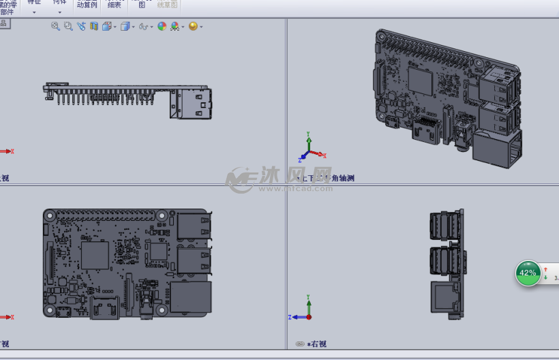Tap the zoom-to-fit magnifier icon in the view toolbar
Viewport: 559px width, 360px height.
pyautogui.click(x=56, y=26)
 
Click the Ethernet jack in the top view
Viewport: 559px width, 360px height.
pyautogui.click(x=190, y=298)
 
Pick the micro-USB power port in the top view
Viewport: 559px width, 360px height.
pyautogui.click(x=63, y=312)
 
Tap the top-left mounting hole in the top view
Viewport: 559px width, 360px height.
pyautogui.click(x=49, y=215)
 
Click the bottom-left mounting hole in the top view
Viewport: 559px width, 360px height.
pyautogui.click(x=49, y=310)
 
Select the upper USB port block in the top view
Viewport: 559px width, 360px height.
pyautogui.click(x=194, y=226)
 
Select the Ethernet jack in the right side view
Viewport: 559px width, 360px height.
pyautogui.click(x=444, y=298)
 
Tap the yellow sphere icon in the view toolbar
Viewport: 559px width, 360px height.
pyautogui.click(x=193, y=27)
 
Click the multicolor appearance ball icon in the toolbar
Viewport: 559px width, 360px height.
pyautogui.click(x=162, y=27)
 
